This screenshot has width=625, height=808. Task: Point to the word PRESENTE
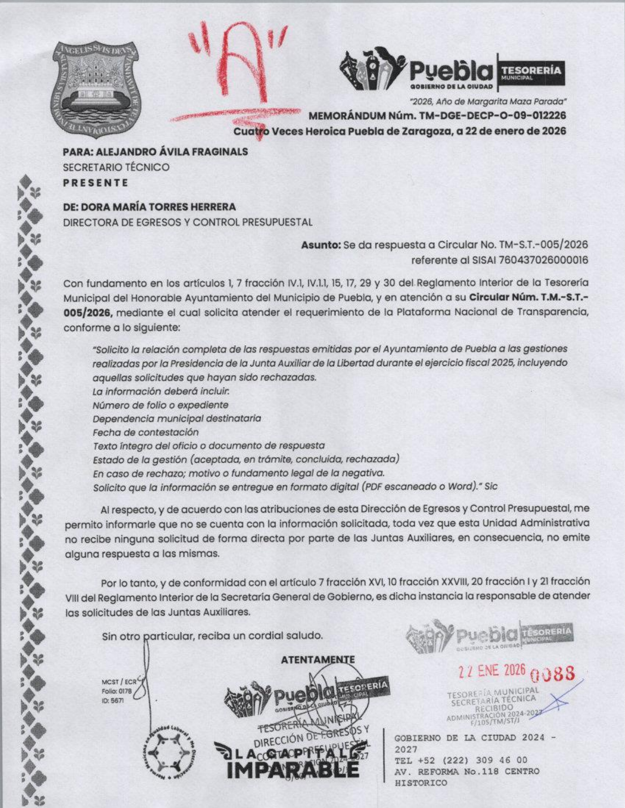(96, 183)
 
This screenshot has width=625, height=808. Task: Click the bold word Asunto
(321, 244)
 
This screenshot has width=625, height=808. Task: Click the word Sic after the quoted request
(490, 487)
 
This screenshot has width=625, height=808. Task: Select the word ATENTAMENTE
(318, 660)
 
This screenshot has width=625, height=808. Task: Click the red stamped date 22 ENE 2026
(492, 671)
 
